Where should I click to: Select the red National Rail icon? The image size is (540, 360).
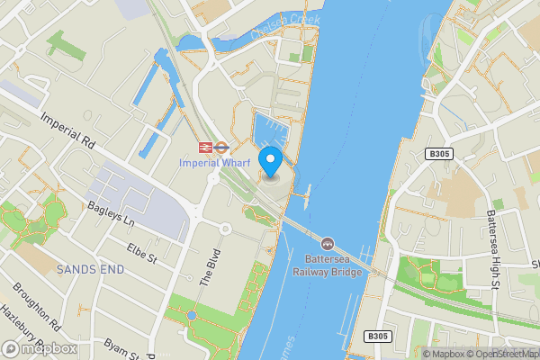206,146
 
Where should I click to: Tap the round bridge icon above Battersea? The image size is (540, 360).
328,244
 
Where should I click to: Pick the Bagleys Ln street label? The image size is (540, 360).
111,213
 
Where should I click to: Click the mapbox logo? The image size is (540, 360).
39,348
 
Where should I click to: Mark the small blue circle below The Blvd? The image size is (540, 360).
192,315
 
